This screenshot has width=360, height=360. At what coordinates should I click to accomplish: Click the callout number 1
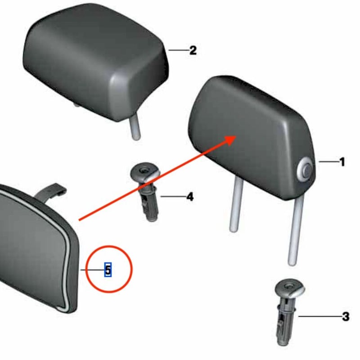pos(342,162)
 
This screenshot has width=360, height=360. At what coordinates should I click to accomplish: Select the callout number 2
pos(193,50)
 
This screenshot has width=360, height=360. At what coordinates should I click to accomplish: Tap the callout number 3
pos(346,317)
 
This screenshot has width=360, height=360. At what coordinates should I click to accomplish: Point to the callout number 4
pos(190,197)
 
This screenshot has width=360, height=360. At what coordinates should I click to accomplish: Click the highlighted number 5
pos(108,270)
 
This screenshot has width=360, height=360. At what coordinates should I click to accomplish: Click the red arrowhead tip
pos(237,136)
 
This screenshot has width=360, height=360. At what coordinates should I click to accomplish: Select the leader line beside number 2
pos(179,50)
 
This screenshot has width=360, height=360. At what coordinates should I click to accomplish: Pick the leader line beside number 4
pos(173,196)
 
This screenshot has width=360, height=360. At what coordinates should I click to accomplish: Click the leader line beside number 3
pos(319,316)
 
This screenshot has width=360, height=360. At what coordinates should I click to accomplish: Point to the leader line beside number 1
pos(328,162)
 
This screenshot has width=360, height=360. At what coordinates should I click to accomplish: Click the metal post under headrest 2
pos(135,127)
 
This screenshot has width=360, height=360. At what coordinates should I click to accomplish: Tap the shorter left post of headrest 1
pos(236,204)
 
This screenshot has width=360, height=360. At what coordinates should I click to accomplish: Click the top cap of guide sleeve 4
pos(145,171)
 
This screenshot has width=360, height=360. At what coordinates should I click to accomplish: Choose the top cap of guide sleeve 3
pos(290,288)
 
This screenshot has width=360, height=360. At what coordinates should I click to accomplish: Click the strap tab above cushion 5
pos(50,191)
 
